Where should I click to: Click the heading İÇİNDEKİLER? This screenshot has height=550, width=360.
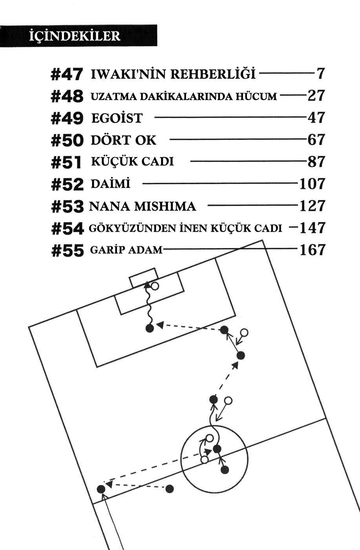click(74, 36)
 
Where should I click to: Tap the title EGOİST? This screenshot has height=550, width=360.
click(117, 118)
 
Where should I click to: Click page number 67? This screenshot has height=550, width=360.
click(316, 140)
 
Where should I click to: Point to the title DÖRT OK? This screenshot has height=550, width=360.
click(123, 140)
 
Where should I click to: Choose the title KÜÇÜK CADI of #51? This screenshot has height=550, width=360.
click(132, 161)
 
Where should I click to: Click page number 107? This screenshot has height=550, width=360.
click(312, 184)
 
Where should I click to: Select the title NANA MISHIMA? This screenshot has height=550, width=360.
click(143, 206)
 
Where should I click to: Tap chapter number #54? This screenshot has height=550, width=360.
click(67, 229)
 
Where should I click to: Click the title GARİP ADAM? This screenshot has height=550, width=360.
click(126, 250)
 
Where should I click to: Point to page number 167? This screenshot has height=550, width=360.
click(312, 250)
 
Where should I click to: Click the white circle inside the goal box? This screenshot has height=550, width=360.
click(155, 286)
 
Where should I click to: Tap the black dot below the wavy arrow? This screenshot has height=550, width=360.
click(149, 329)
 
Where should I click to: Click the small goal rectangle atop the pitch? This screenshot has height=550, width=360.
click(144, 277)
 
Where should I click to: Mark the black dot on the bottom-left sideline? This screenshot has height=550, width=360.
click(101, 489)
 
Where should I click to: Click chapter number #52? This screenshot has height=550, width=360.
click(67, 184)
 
